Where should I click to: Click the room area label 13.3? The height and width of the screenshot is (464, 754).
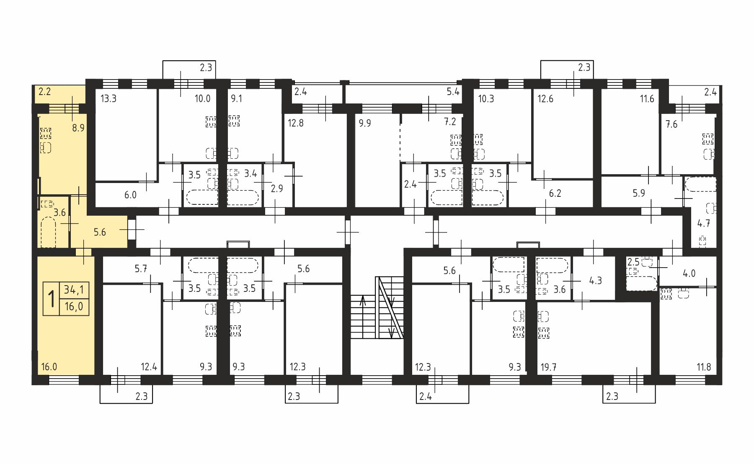click(x=108, y=99)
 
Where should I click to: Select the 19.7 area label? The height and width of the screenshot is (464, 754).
click(x=548, y=367)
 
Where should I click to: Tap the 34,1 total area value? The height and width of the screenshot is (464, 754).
click(x=74, y=289)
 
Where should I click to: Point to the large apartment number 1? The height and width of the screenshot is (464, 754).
click(x=52, y=299)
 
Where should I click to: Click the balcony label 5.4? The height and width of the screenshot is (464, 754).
click(x=453, y=92)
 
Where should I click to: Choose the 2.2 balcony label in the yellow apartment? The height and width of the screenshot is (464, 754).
click(x=45, y=91)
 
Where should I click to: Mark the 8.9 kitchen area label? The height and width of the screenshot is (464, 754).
click(x=78, y=128)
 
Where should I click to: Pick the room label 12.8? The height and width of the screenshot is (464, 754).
click(x=296, y=123)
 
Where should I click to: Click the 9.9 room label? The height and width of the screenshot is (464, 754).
click(x=365, y=123)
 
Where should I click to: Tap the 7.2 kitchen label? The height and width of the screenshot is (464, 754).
click(x=450, y=121)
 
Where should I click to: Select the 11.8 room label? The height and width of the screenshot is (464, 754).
click(x=704, y=367)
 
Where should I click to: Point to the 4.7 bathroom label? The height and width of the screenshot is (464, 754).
click(x=704, y=223)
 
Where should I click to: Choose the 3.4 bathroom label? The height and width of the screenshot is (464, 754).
click(x=250, y=173)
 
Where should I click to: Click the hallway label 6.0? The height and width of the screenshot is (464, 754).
click(x=130, y=195)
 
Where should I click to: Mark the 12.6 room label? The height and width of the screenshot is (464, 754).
click(x=545, y=99)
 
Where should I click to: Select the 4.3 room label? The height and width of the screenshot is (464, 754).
click(x=595, y=281)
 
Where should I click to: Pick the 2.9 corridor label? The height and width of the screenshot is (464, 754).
click(x=277, y=188)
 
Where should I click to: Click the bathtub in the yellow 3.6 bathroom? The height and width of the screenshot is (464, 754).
click(x=48, y=232)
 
